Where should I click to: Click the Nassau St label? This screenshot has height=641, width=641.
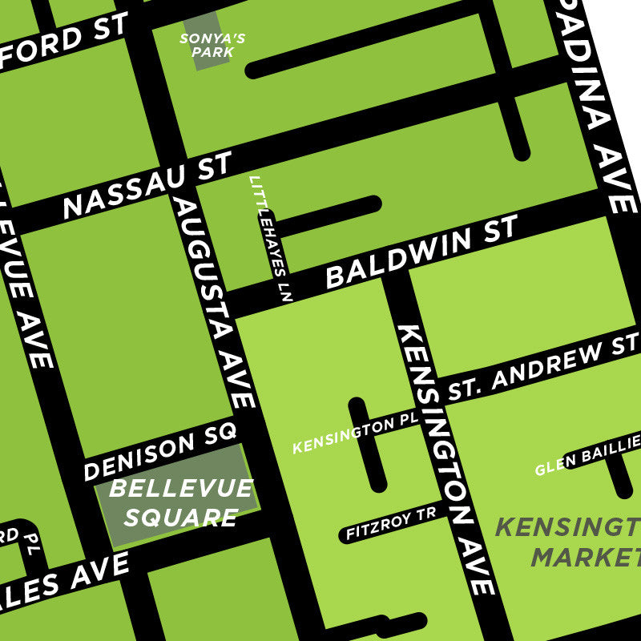[x=147, y=186]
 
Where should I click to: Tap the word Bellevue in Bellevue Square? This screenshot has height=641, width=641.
[x=181, y=489]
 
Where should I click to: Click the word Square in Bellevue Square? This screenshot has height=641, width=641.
[x=181, y=517]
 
